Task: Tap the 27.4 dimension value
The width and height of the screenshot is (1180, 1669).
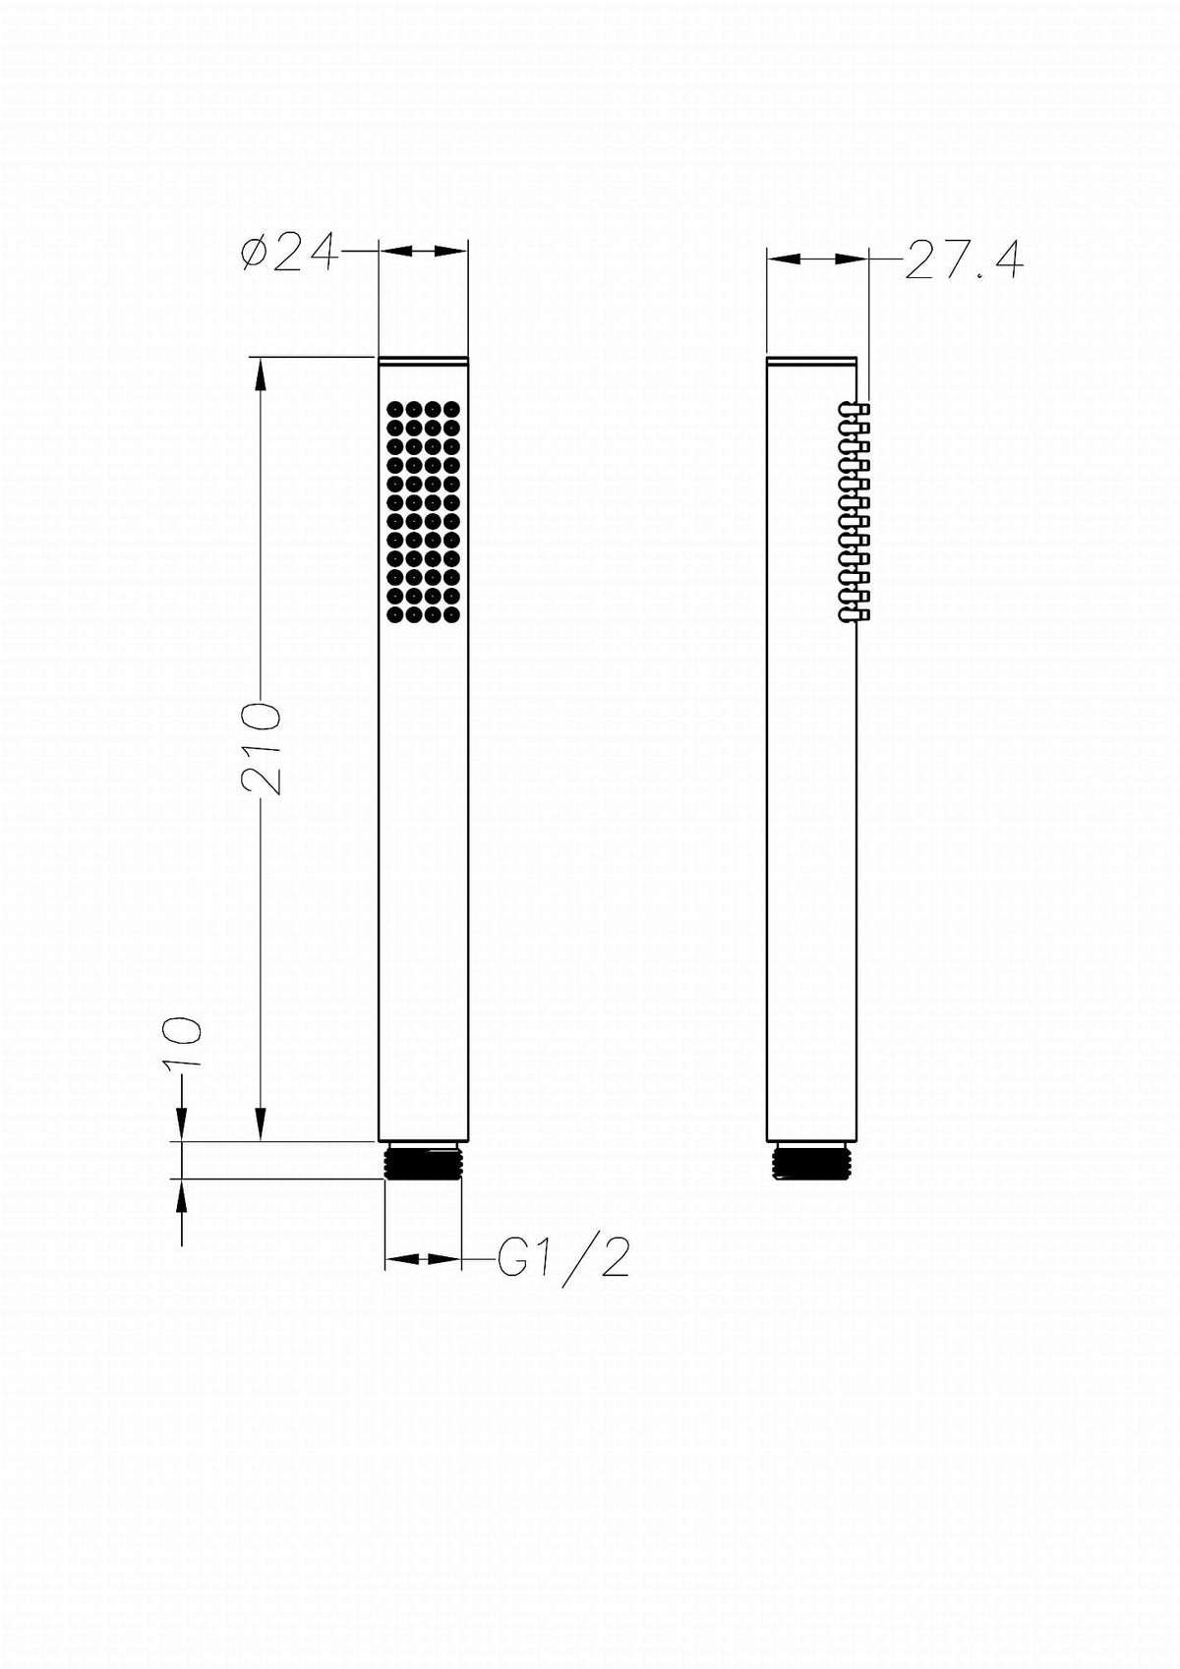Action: (x=964, y=260)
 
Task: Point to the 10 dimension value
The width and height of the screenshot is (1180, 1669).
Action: (x=183, y=1044)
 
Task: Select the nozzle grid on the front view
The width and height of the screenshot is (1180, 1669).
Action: (x=423, y=512)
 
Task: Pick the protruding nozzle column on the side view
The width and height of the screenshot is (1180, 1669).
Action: (x=855, y=512)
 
